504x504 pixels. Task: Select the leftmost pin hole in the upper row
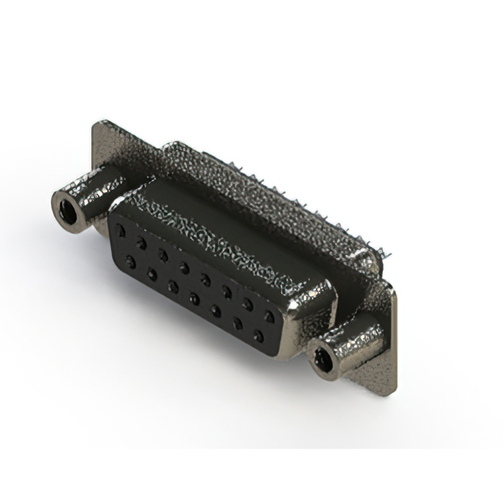click(x=120, y=232)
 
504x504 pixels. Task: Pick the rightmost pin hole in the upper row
click(x=269, y=317)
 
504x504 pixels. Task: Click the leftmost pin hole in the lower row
click(x=130, y=260)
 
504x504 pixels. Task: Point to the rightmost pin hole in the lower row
click(x=258, y=336)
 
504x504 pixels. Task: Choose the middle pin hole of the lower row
click(x=194, y=298)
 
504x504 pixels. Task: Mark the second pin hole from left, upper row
click(x=142, y=243)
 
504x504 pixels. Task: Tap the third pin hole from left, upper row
click(x=163, y=255)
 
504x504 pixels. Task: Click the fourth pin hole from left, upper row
click(x=184, y=268)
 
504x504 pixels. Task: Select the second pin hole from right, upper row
click(x=248, y=304)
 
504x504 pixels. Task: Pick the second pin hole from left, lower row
click(x=151, y=272)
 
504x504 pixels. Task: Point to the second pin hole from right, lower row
click(x=237, y=324)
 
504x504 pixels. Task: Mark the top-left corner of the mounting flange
click(x=98, y=124)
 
